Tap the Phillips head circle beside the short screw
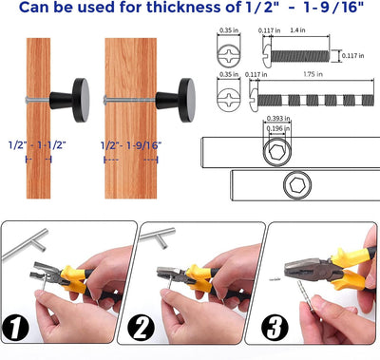227,56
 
